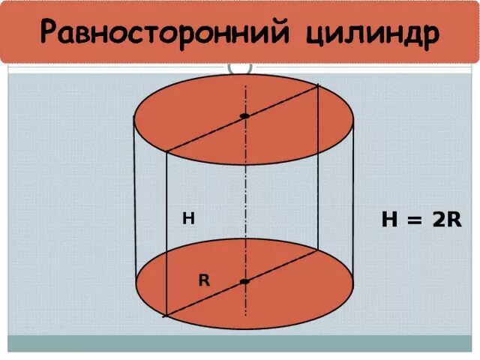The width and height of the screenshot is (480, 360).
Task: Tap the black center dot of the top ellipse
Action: click(244, 116)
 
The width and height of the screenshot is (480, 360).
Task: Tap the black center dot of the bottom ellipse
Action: click(244, 281)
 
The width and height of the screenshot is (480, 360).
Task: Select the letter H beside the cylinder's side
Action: click(188, 219)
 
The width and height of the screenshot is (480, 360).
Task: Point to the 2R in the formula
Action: click(445, 220)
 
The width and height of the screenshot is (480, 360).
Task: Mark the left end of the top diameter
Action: click(166, 151)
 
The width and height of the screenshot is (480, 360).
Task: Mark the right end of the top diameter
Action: click(319, 85)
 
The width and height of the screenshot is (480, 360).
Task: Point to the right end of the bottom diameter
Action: click(319, 250)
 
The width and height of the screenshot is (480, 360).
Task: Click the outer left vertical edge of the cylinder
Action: click(135, 202)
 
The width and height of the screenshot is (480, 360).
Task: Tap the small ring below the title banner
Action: click(241, 68)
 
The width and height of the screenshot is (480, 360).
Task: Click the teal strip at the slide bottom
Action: click(240, 343)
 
